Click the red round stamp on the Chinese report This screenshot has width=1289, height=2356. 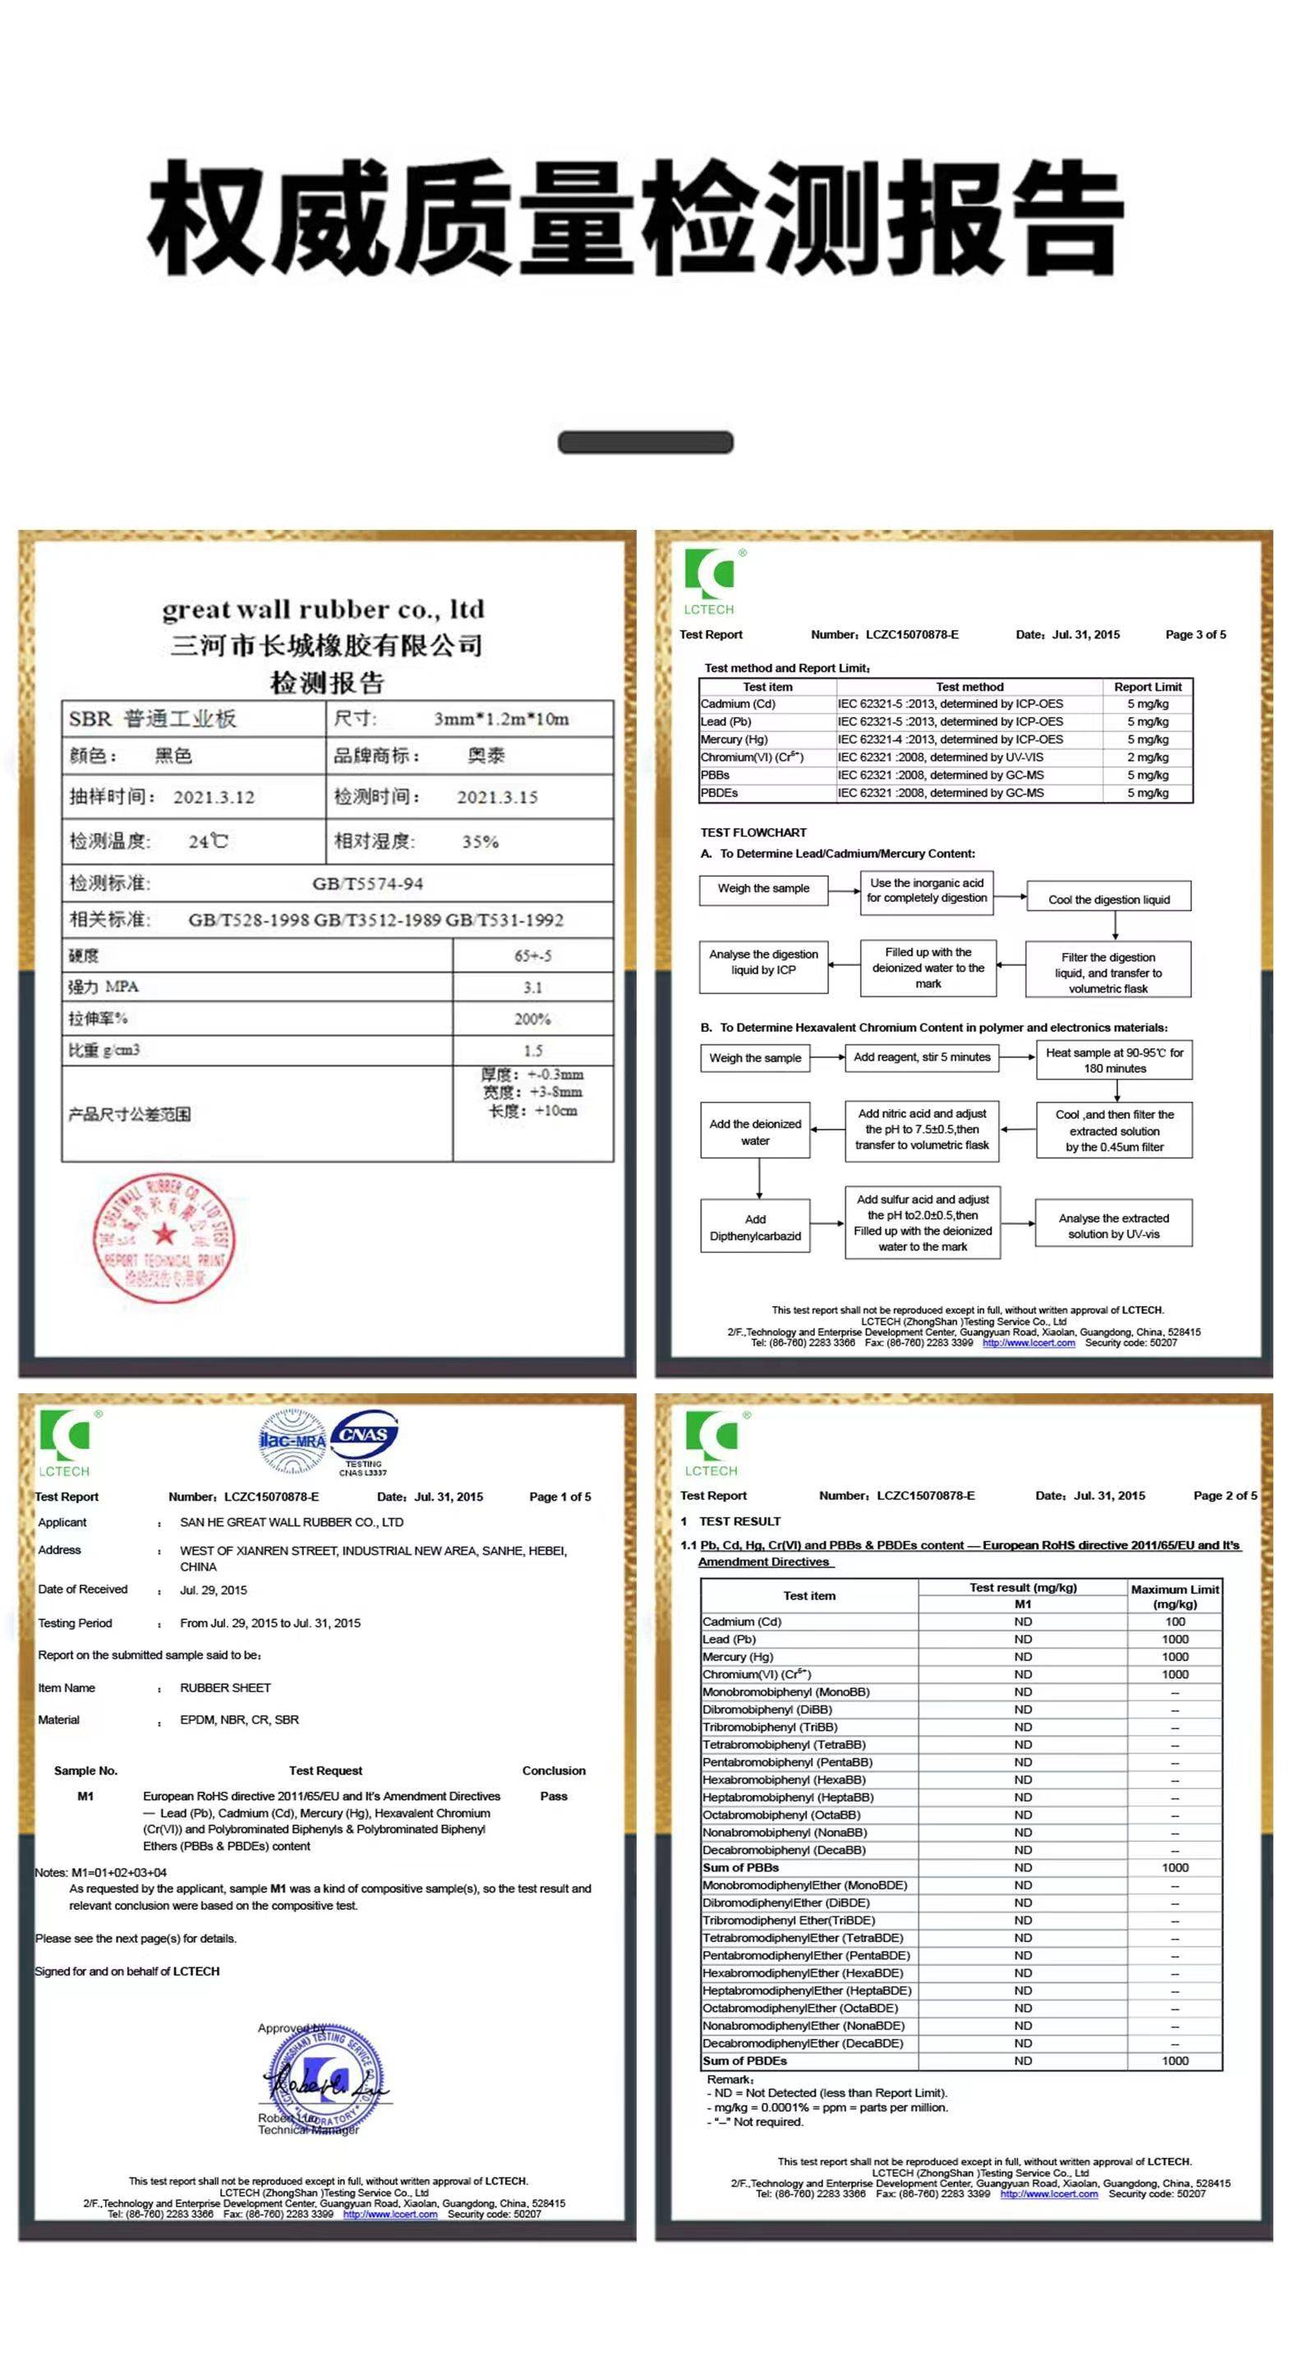[x=163, y=1237]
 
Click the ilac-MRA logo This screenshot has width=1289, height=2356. [x=292, y=1441]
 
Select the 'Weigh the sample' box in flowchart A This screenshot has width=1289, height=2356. [x=763, y=888]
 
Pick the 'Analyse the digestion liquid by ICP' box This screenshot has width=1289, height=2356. [x=763, y=962]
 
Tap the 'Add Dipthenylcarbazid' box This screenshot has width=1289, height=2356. [x=755, y=1227]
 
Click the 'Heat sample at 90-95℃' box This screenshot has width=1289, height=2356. [x=1113, y=1060]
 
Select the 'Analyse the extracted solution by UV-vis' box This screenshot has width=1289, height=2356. [x=1113, y=1226]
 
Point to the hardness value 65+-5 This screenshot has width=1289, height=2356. [x=532, y=955]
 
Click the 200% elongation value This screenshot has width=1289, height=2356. [x=532, y=1019]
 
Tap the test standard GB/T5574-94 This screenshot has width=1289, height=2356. [x=368, y=884]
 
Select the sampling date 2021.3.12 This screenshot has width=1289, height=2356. [x=214, y=797]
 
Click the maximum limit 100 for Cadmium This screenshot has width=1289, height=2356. [x=1175, y=1622]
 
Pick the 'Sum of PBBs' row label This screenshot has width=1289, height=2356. [x=741, y=1867]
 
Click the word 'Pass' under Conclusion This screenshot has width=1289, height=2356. [x=554, y=1797]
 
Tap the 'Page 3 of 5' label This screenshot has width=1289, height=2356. [x=1195, y=635]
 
